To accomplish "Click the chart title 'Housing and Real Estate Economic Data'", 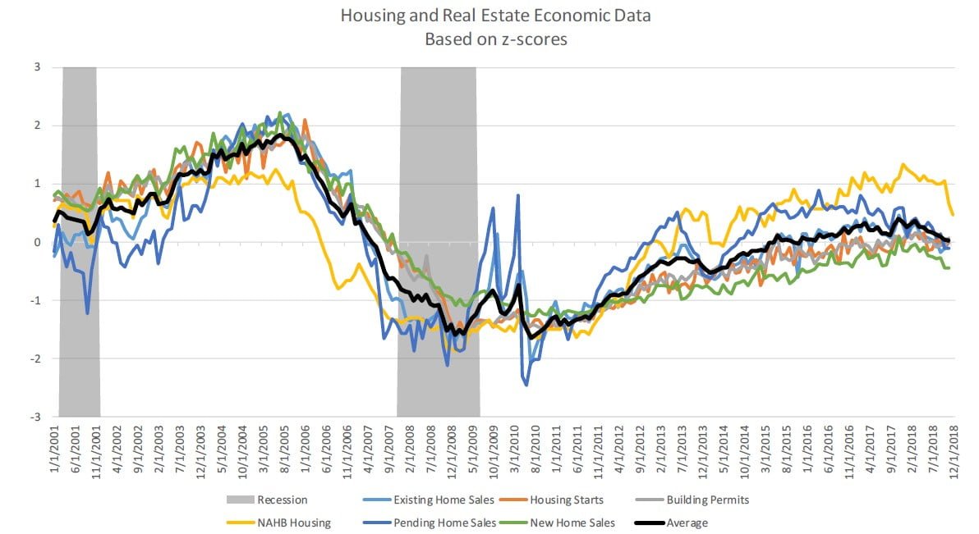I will [x=489, y=16].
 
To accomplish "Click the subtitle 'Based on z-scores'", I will [x=489, y=39].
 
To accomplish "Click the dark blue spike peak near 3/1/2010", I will [x=518, y=195].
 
